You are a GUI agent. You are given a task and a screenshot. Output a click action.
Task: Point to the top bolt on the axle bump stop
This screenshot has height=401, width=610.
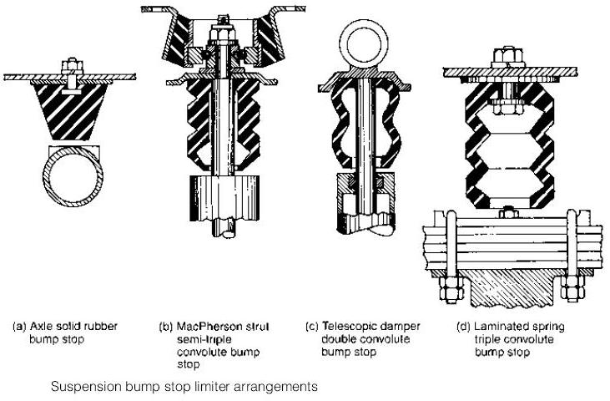click(70, 64)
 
